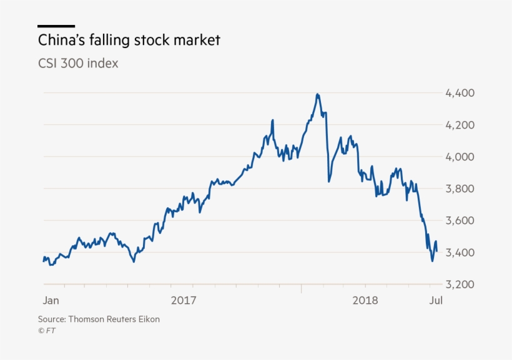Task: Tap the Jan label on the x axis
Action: coord(51,300)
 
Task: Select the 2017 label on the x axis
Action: coord(183,300)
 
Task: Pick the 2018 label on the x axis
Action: coord(365,300)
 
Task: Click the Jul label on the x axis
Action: coord(436,300)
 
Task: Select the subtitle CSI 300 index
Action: coord(78,64)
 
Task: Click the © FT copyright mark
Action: coord(46,331)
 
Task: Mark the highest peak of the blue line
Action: coord(318,94)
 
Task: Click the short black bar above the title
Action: coord(56,26)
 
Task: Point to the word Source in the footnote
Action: coord(51,319)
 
